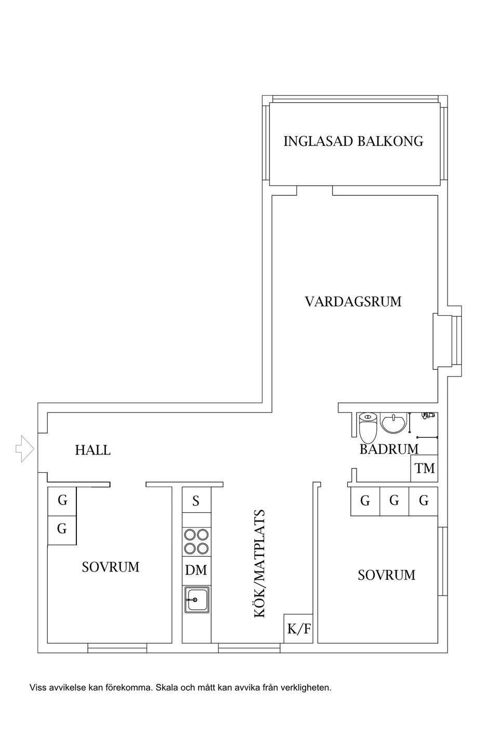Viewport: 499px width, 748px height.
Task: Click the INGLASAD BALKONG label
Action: (353, 141)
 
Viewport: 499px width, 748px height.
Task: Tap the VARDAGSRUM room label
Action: (353, 301)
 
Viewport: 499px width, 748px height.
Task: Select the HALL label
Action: (93, 450)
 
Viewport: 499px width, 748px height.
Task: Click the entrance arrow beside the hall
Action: (24, 448)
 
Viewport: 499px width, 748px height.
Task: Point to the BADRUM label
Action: (389, 449)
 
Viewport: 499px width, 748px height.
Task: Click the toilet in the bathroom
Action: (367, 428)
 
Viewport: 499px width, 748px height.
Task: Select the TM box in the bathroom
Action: (424, 468)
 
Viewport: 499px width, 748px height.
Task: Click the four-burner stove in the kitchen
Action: (196, 541)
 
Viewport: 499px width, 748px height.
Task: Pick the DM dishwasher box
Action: (196, 570)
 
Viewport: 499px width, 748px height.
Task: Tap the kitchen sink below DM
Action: (196, 599)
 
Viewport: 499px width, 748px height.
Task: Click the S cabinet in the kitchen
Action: (196, 501)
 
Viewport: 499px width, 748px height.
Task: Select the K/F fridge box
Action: (298, 629)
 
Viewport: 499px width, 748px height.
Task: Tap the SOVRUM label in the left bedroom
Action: (111, 567)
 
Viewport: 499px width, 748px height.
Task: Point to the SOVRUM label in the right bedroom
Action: (386, 575)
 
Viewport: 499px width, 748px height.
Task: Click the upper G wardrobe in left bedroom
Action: (62, 501)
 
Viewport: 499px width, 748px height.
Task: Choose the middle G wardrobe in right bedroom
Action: (394, 501)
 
